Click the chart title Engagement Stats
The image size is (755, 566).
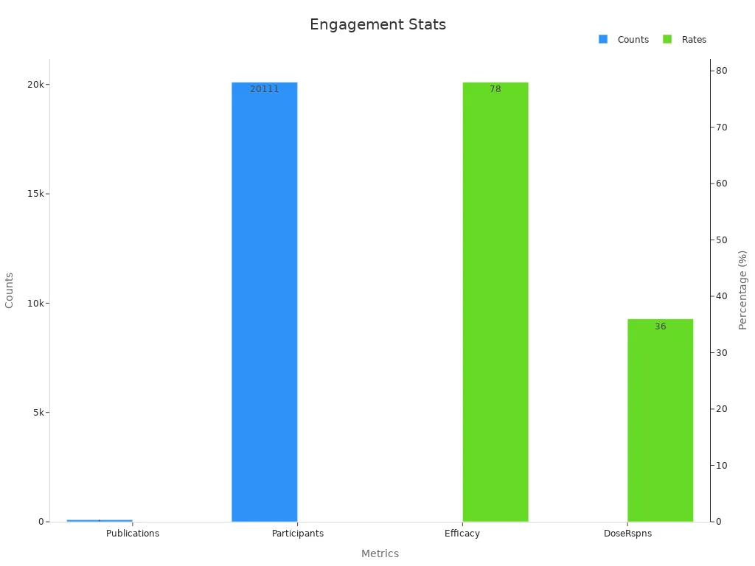(377, 24)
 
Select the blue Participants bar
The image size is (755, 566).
(264, 302)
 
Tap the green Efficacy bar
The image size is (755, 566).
(495, 302)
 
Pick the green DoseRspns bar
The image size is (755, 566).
(660, 420)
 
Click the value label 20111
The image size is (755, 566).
(264, 89)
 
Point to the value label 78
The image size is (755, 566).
(495, 89)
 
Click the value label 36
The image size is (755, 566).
(660, 326)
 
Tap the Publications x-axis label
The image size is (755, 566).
(133, 534)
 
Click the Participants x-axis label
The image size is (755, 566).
(298, 534)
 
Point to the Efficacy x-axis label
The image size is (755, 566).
(462, 534)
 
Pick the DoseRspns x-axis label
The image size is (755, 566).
(627, 534)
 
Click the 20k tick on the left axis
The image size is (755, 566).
(36, 85)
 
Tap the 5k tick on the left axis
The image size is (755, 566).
(39, 413)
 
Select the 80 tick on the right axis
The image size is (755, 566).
(721, 71)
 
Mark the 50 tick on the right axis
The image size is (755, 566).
(721, 240)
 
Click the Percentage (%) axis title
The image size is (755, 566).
(742, 290)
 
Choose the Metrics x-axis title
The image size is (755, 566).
(380, 553)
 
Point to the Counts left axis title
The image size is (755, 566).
(10, 290)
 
